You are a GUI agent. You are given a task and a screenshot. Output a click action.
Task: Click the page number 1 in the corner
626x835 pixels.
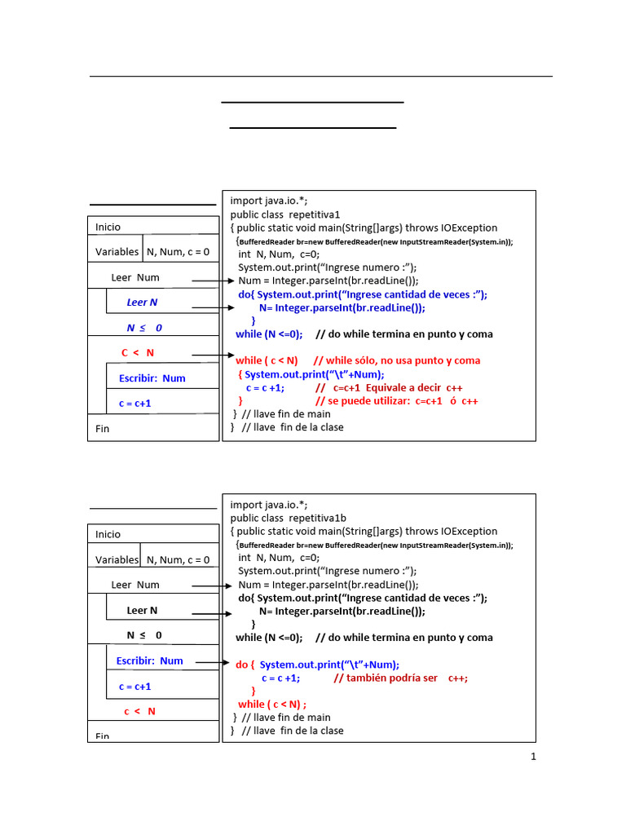coord(533,757)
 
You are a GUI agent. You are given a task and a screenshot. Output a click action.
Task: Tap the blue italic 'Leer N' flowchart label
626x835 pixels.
coord(142,303)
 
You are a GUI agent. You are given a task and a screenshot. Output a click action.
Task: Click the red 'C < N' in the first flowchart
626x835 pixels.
coord(138,353)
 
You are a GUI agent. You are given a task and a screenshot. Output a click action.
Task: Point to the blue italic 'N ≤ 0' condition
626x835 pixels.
coord(144,328)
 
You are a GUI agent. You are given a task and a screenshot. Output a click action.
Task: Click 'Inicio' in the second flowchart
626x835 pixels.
coord(108,534)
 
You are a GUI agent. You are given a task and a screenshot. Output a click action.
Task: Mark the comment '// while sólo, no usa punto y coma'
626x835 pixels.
coord(397,360)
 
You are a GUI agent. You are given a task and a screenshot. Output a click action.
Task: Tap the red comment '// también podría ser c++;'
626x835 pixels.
coord(401,678)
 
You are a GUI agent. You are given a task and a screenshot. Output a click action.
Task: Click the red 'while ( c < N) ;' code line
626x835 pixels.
coord(272,704)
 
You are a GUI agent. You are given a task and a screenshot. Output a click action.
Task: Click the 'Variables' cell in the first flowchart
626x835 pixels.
coord(117,252)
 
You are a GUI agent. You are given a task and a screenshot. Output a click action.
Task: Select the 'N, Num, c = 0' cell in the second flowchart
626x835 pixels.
coord(178,560)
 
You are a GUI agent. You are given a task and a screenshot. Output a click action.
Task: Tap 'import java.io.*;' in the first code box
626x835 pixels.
coord(269,201)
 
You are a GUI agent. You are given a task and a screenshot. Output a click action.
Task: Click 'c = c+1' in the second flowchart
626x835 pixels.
coord(135,687)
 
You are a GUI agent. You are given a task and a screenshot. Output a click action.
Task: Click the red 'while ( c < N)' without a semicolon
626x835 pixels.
coord(267,360)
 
